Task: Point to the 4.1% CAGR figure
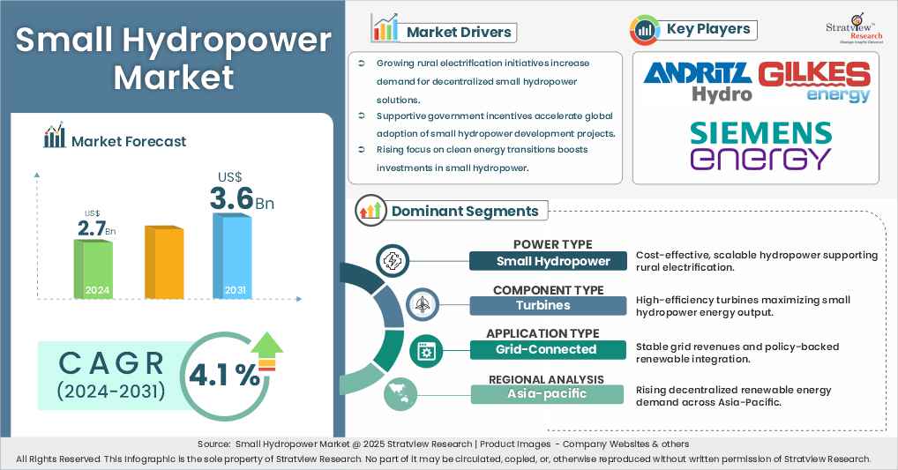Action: click(225, 375)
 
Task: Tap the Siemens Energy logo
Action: click(760, 145)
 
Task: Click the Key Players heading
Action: click(708, 29)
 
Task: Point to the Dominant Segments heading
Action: click(464, 211)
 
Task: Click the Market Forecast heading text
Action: click(129, 140)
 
